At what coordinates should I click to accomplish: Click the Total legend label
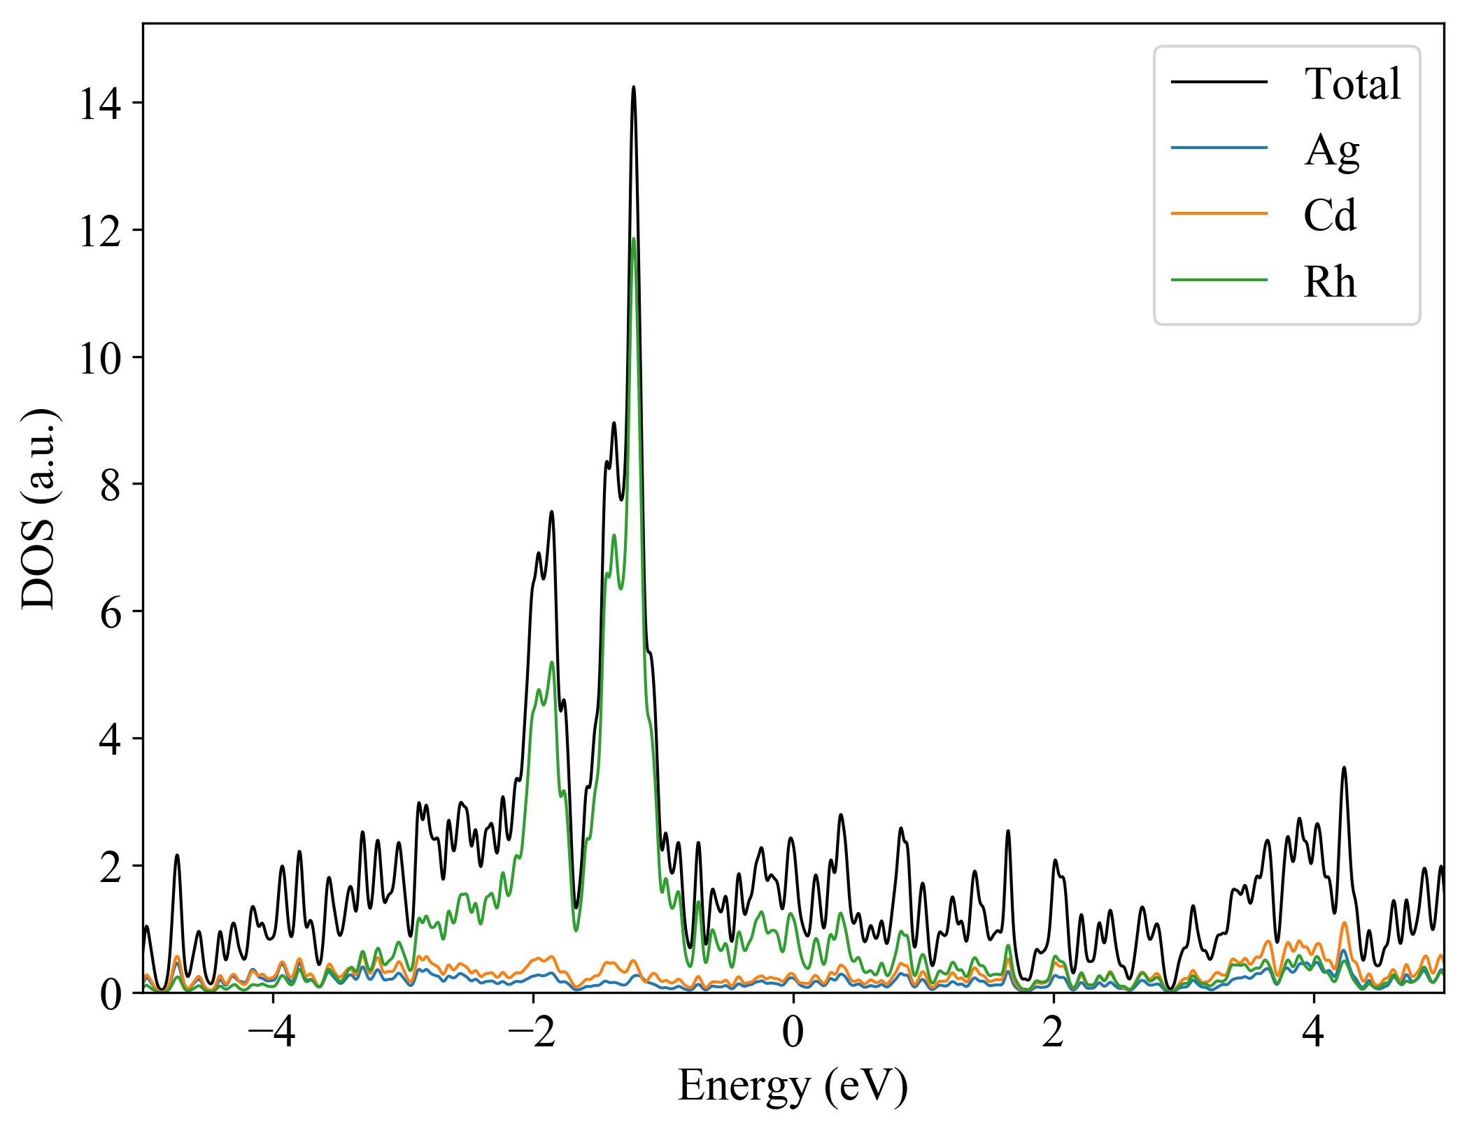(1352, 84)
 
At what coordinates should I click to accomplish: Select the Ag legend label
(1331, 150)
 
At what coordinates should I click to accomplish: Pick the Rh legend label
(1329, 282)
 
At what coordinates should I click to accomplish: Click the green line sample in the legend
(1219, 280)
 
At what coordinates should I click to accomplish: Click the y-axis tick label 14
(100, 104)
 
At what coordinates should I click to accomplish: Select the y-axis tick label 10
(100, 358)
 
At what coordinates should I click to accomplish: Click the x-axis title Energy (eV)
(793, 1086)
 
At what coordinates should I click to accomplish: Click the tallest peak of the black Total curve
(634, 87)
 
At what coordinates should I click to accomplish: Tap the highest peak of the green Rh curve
(634, 239)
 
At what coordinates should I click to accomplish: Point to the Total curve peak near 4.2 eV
(1344, 768)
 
